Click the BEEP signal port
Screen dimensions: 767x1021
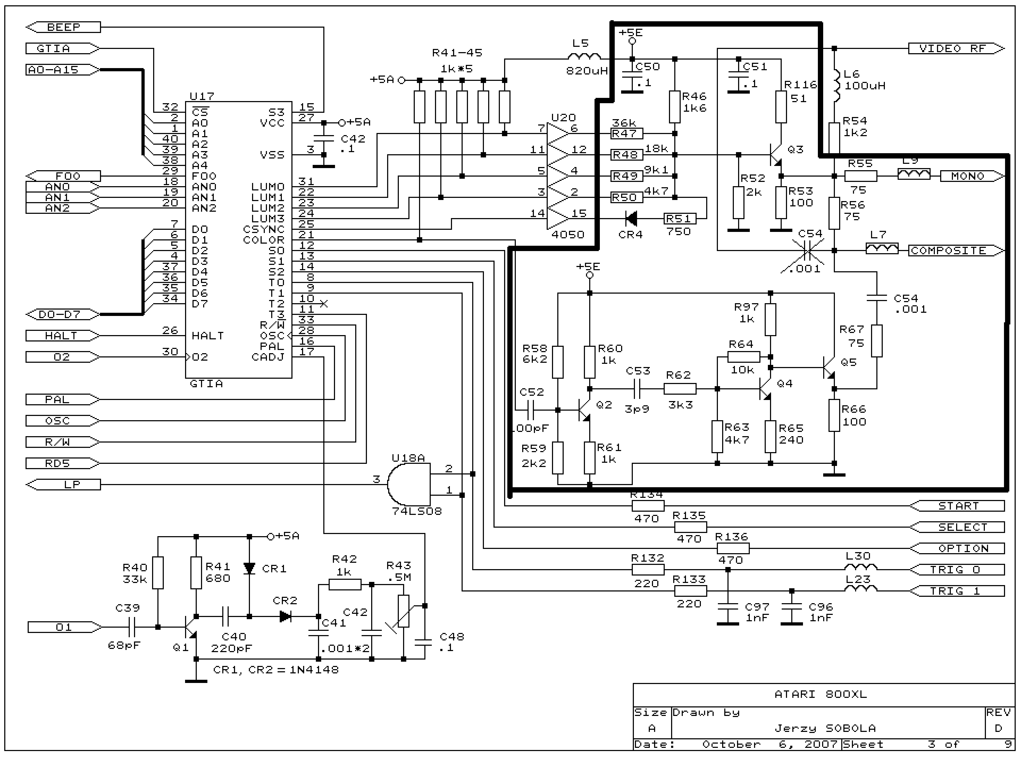[x=63, y=27]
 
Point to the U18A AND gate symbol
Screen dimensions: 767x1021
[x=408, y=484]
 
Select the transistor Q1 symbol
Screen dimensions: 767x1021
[x=190, y=628]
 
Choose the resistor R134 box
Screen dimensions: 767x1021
[x=648, y=506]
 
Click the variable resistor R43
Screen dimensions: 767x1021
[x=403, y=611]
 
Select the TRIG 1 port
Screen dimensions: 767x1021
[x=957, y=591]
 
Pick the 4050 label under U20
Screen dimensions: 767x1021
[x=568, y=235]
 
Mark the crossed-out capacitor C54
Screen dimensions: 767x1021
[x=807, y=251]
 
